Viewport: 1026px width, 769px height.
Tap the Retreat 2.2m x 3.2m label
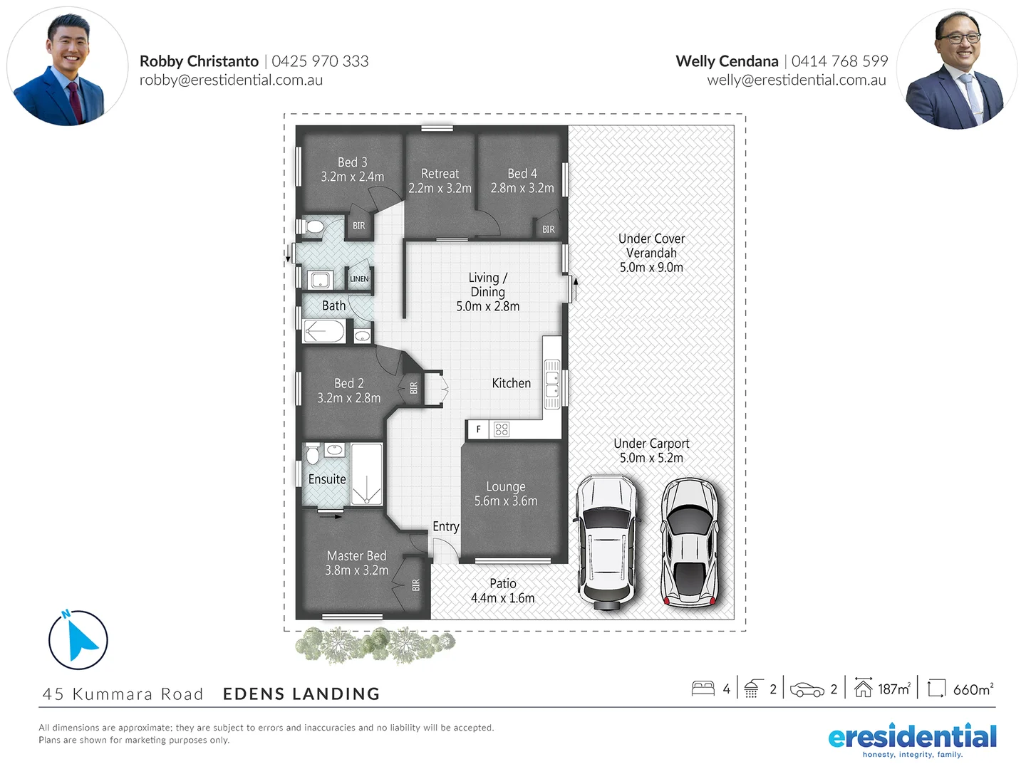tap(440, 181)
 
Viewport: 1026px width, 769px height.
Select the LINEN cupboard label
tap(359, 279)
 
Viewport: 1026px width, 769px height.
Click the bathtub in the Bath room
tap(324, 332)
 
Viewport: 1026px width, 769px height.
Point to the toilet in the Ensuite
tap(312, 454)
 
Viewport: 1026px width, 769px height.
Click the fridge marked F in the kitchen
tap(478, 429)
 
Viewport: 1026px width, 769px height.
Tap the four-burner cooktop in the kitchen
tap(502, 429)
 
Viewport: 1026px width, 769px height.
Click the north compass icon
tap(78, 639)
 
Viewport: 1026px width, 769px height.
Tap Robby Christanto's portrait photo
tap(68, 68)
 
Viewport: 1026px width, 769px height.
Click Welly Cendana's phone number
tap(839, 61)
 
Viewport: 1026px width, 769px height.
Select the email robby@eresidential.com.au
tap(231, 80)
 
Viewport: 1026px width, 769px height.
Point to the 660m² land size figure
tap(973, 689)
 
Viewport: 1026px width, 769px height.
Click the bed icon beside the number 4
tap(703, 689)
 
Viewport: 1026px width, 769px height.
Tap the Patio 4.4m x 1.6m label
tap(502, 591)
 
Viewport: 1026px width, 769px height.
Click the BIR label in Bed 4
tap(548, 229)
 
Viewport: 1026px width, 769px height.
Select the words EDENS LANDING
tap(301, 694)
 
